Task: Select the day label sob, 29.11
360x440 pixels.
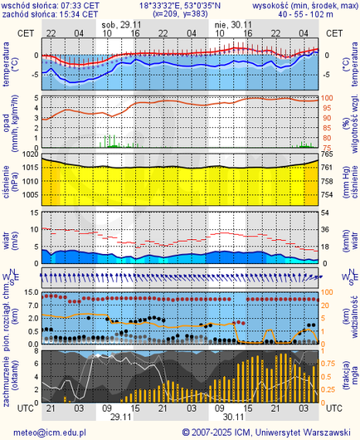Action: pos(120,25)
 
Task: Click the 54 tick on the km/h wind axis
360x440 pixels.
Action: pos(327,213)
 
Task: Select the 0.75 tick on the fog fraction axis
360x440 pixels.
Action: pos(329,363)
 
